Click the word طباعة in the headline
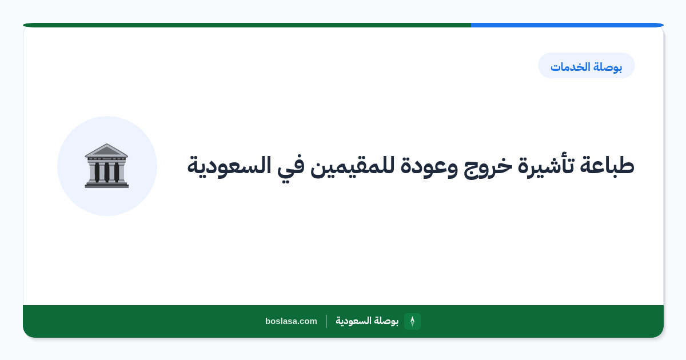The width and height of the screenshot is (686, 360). (x=607, y=165)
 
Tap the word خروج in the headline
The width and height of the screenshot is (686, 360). (x=488, y=167)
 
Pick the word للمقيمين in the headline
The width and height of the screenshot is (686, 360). (x=352, y=166)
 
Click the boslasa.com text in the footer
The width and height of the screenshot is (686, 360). (x=291, y=321)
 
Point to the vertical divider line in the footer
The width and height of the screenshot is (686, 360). (x=326, y=321)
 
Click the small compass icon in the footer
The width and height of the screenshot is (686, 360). (x=412, y=321)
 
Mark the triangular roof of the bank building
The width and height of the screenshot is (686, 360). (x=106, y=150)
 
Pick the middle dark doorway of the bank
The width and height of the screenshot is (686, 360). (x=107, y=172)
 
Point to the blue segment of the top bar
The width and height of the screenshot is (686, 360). (x=567, y=25)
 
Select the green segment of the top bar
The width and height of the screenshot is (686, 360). (x=247, y=25)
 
